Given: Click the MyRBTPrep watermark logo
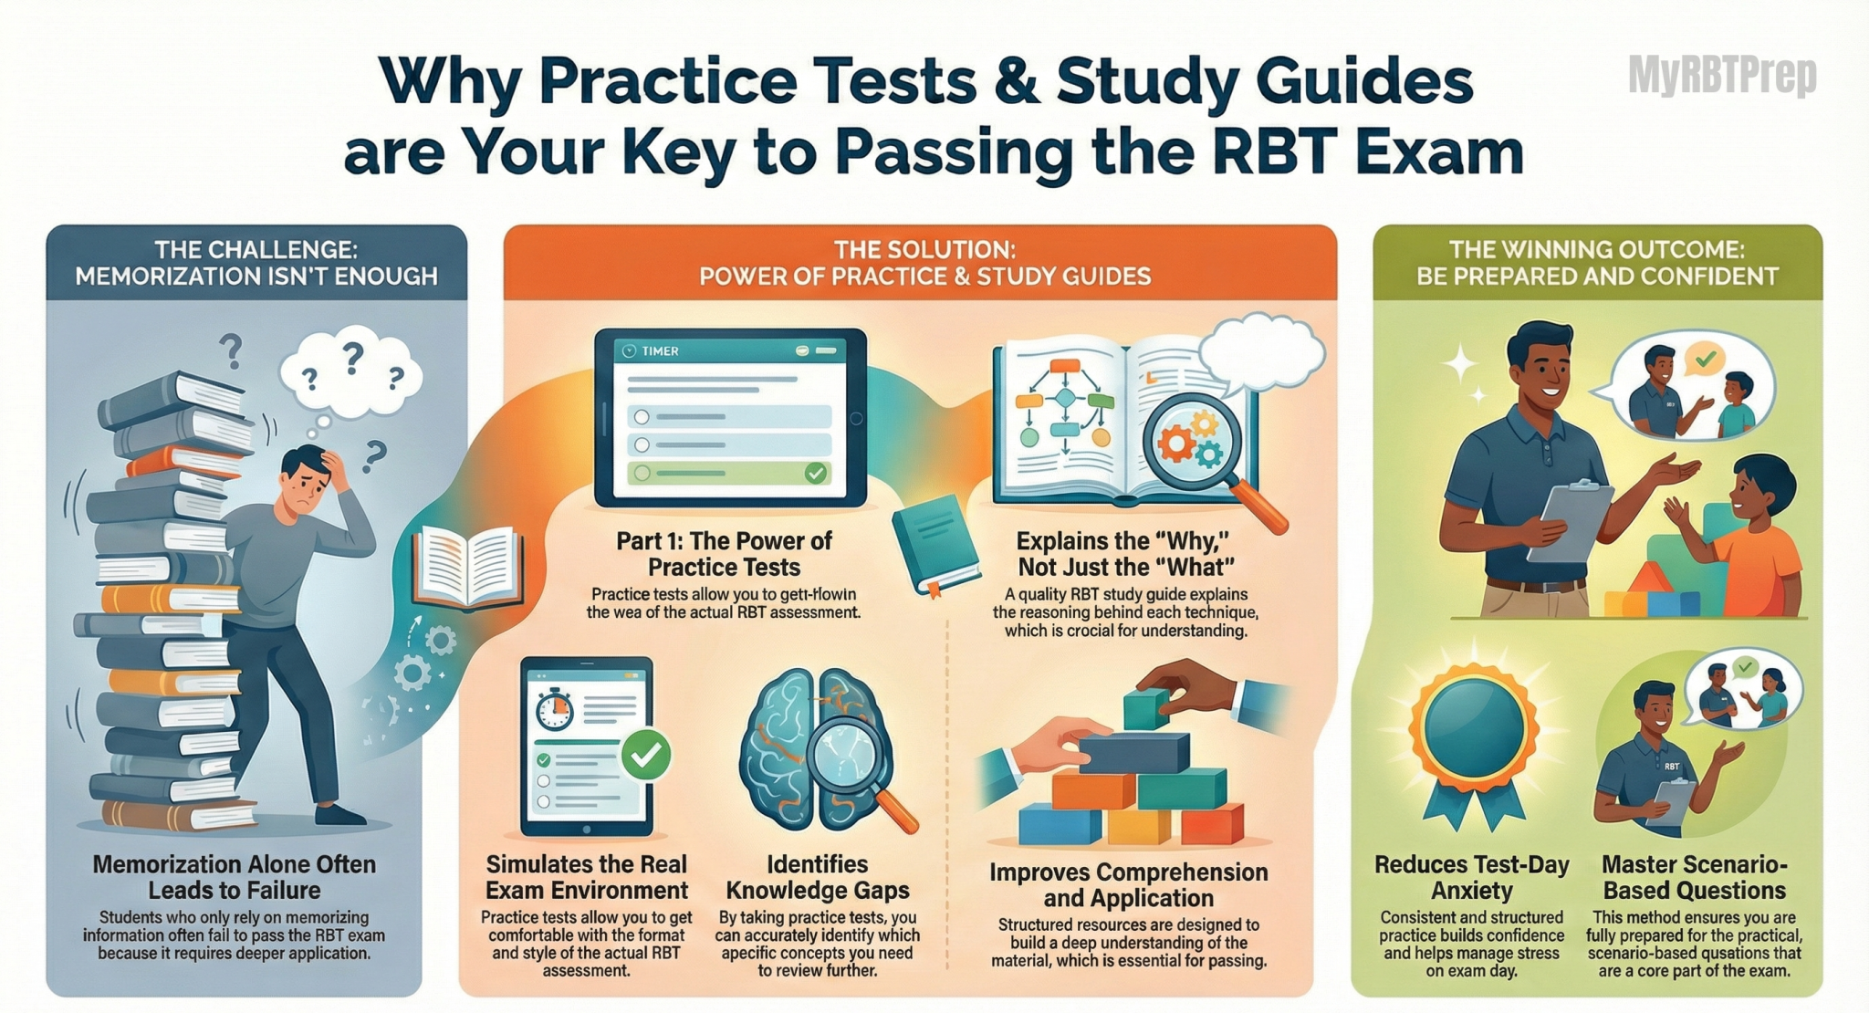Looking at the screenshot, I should click(1722, 75).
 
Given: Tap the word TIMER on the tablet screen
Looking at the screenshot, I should click(660, 351).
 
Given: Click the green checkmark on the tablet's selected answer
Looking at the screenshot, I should click(815, 473).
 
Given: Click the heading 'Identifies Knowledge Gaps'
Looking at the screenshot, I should click(817, 877).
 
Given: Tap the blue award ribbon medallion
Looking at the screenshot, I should click(1472, 726).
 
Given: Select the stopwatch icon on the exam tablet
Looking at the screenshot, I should click(553, 710).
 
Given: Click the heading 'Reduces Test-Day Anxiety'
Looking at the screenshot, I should click(1471, 877).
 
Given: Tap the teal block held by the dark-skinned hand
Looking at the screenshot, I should click(1146, 709).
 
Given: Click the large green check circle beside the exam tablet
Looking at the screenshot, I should click(646, 754).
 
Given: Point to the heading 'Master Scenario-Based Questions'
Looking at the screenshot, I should click(1695, 877).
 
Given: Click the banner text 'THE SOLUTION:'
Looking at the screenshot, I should click(924, 250).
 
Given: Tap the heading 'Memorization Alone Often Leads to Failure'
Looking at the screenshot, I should click(235, 877).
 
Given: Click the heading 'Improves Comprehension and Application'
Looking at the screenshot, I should click(1129, 885).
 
